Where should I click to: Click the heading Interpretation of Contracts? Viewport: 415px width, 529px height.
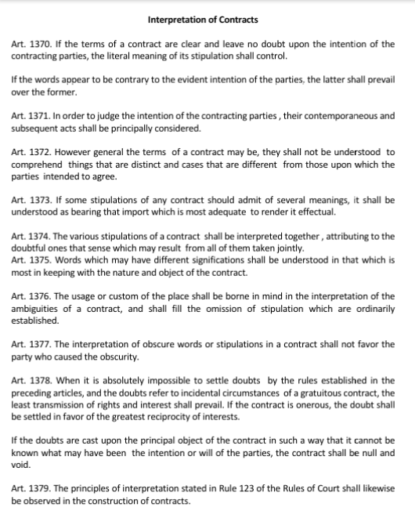tap(202, 19)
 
